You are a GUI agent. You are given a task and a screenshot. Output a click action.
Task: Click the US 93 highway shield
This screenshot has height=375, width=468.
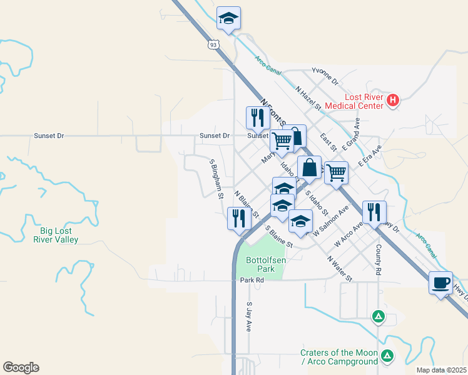[x=214, y=44]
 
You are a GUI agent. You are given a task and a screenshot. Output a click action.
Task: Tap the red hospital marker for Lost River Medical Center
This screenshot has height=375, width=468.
[x=392, y=100]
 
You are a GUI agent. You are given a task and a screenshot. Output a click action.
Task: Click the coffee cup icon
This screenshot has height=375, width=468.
[x=441, y=283]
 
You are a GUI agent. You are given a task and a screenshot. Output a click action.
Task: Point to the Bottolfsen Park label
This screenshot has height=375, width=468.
[x=260, y=264]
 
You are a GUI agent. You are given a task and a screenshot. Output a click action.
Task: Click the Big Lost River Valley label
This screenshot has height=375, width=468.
[x=56, y=235]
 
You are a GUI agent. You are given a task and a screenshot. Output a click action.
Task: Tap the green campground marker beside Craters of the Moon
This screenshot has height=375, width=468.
[x=388, y=356]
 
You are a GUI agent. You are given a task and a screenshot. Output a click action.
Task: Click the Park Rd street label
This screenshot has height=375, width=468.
[x=252, y=280]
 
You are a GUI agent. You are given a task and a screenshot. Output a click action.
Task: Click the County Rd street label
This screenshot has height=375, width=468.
[x=379, y=258]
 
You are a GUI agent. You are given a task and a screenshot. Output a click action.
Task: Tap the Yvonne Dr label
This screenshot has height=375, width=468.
[x=325, y=78]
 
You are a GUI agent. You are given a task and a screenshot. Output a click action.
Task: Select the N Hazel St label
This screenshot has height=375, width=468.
[x=308, y=98]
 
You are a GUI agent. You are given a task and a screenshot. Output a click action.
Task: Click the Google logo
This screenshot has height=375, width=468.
[x=21, y=367]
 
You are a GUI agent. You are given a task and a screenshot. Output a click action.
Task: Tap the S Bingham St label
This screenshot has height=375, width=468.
[x=216, y=179]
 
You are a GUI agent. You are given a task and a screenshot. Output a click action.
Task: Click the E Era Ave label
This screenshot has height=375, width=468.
[x=370, y=157]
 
